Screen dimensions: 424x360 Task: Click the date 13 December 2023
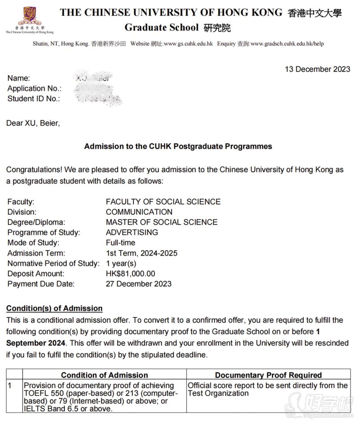[318, 69]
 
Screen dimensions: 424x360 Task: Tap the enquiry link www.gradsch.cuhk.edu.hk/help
[287, 44]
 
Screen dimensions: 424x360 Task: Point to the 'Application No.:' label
[34, 89]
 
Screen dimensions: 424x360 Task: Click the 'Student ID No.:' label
[34, 99]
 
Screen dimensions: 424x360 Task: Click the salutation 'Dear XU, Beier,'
[33, 123]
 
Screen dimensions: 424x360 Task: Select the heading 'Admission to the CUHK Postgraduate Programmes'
[178, 146]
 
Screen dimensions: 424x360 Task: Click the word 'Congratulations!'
[34, 170]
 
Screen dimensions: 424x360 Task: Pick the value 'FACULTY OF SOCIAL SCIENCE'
[163, 202]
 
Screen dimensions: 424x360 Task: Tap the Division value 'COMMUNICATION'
[139, 212]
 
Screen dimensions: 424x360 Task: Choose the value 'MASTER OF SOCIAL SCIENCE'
[162, 222]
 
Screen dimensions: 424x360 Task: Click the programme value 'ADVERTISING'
[132, 233]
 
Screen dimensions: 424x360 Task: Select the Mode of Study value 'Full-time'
[121, 243]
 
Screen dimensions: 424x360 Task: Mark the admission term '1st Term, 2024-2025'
[142, 253]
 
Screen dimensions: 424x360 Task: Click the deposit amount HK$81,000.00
[130, 274]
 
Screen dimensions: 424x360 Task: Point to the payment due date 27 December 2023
[139, 284]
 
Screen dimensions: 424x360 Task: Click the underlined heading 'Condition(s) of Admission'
[54, 308]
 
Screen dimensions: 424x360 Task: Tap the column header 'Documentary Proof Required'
[268, 375]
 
